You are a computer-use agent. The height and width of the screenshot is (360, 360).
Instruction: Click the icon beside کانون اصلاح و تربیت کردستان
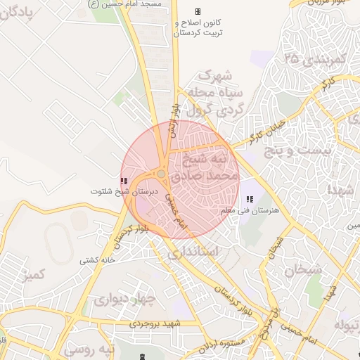pos(198,11)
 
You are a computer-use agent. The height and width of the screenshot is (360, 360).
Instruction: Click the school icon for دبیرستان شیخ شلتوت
pos(124,181)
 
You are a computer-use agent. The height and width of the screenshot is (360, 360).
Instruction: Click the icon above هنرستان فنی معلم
pos(250,200)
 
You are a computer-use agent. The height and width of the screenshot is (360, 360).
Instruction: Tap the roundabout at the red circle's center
pos(162,174)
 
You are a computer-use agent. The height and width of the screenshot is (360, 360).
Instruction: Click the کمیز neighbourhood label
pos(35,274)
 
